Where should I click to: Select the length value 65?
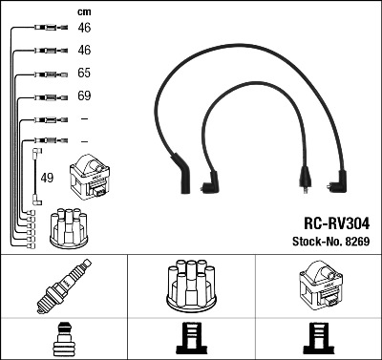point(83,73)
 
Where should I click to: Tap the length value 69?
point(83,96)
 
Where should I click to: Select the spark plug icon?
point(63,287)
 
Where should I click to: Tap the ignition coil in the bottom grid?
point(318,286)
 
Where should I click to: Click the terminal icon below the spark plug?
point(63,338)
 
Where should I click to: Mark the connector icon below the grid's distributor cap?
point(191,338)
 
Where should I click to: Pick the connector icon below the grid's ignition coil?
point(318,338)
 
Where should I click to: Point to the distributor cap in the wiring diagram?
point(68,226)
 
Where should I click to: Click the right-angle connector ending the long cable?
point(339,180)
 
